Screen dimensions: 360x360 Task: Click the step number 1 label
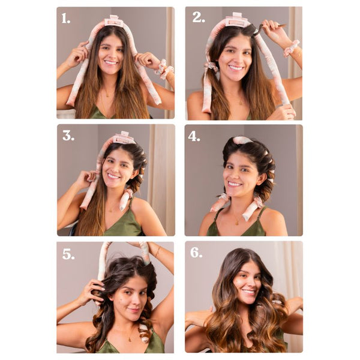pos(65,18)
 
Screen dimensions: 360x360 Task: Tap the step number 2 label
pos(199,17)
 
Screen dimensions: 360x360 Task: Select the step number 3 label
pos(68,136)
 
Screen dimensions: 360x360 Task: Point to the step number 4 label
pos(194,136)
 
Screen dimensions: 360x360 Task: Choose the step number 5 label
pos(68,254)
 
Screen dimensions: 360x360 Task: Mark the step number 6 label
pos(196,253)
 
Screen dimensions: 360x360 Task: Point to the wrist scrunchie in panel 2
pos(291,48)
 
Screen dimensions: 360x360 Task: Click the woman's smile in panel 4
pos(235,184)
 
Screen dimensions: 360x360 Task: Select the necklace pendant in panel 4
pos(236,223)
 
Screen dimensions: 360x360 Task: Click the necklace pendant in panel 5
pos(130,339)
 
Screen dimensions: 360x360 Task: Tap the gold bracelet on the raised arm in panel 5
pos(157,251)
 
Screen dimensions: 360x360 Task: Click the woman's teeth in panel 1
pos(111,62)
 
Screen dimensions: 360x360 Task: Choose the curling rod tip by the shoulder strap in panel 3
pos(122,208)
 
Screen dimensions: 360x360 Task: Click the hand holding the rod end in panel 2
pos(284,111)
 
